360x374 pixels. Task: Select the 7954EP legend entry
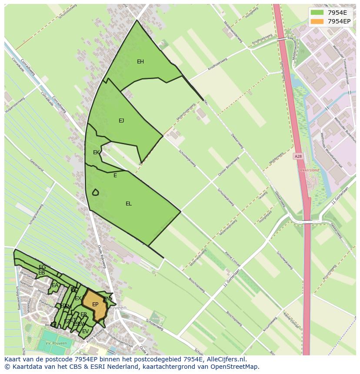pyautogui.click(x=339, y=21)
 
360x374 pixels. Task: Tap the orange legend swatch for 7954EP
pyautogui.click(x=317, y=21)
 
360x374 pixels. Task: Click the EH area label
pyautogui.click(x=140, y=62)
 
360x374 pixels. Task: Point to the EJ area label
pyautogui.click(x=121, y=121)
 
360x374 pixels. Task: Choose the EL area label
pyautogui.click(x=129, y=204)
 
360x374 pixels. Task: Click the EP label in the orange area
pyautogui.click(x=95, y=304)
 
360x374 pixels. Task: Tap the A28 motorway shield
pyautogui.click(x=298, y=156)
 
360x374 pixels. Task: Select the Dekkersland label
pyautogui.click(x=308, y=170)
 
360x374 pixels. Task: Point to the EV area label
pyautogui.click(x=85, y=331)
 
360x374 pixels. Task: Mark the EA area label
pyautogui.click(x=55, y=285)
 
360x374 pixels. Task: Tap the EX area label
pyautogui.click(x=78, y=298)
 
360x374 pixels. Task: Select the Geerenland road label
pyautogui.click(x=37, y=165)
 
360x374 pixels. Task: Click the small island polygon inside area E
pyautogui.click(x=95, y=192)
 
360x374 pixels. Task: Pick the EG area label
pyautogui.click(x=42, y=267)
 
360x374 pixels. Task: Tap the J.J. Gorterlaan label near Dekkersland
pyautogui.click(x=340, y=196)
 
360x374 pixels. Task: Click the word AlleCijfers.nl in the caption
pyautogui.click(x=225, y=359)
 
